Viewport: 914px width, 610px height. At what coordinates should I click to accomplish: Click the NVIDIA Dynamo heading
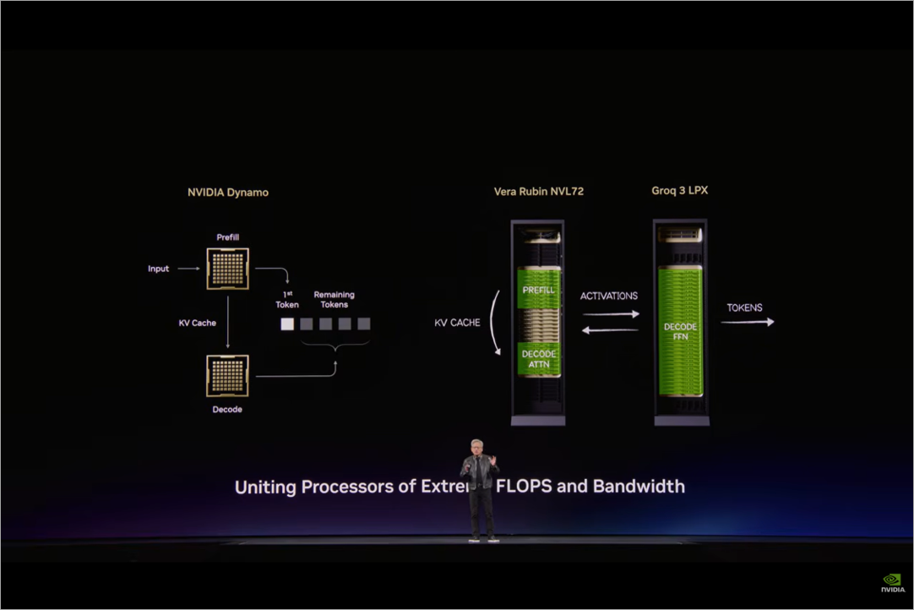click(x=227, y=193)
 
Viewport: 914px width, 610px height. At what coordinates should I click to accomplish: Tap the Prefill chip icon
click(x=227, y=269)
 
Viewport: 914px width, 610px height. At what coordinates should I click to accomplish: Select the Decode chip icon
click(x=227, y=376)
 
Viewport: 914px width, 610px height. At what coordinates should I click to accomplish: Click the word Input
click(x=159, y=269)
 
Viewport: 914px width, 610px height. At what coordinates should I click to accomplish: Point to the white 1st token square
click(x=287, y=324)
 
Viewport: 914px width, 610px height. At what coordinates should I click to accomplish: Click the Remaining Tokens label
click(x=335, y=300)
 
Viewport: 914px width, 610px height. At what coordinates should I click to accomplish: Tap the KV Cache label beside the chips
click(x=198, y=323)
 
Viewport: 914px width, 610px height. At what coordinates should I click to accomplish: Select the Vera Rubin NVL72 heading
click(x=538, y=192)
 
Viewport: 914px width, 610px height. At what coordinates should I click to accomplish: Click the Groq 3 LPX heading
click(x=679, y=191)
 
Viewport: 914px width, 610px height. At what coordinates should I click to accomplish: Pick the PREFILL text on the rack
click(x=539, y=290)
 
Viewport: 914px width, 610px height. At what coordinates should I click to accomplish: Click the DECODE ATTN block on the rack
click(x=539, y=359)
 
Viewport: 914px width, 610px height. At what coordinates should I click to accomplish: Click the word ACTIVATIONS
click(x=609, y=297)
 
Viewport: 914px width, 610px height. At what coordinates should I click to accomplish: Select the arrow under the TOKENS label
click(x=747, y=322)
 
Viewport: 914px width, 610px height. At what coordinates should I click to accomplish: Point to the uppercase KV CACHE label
click(x=457, y=323)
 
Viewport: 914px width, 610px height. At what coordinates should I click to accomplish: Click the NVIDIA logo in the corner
click(x=892, y=583)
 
